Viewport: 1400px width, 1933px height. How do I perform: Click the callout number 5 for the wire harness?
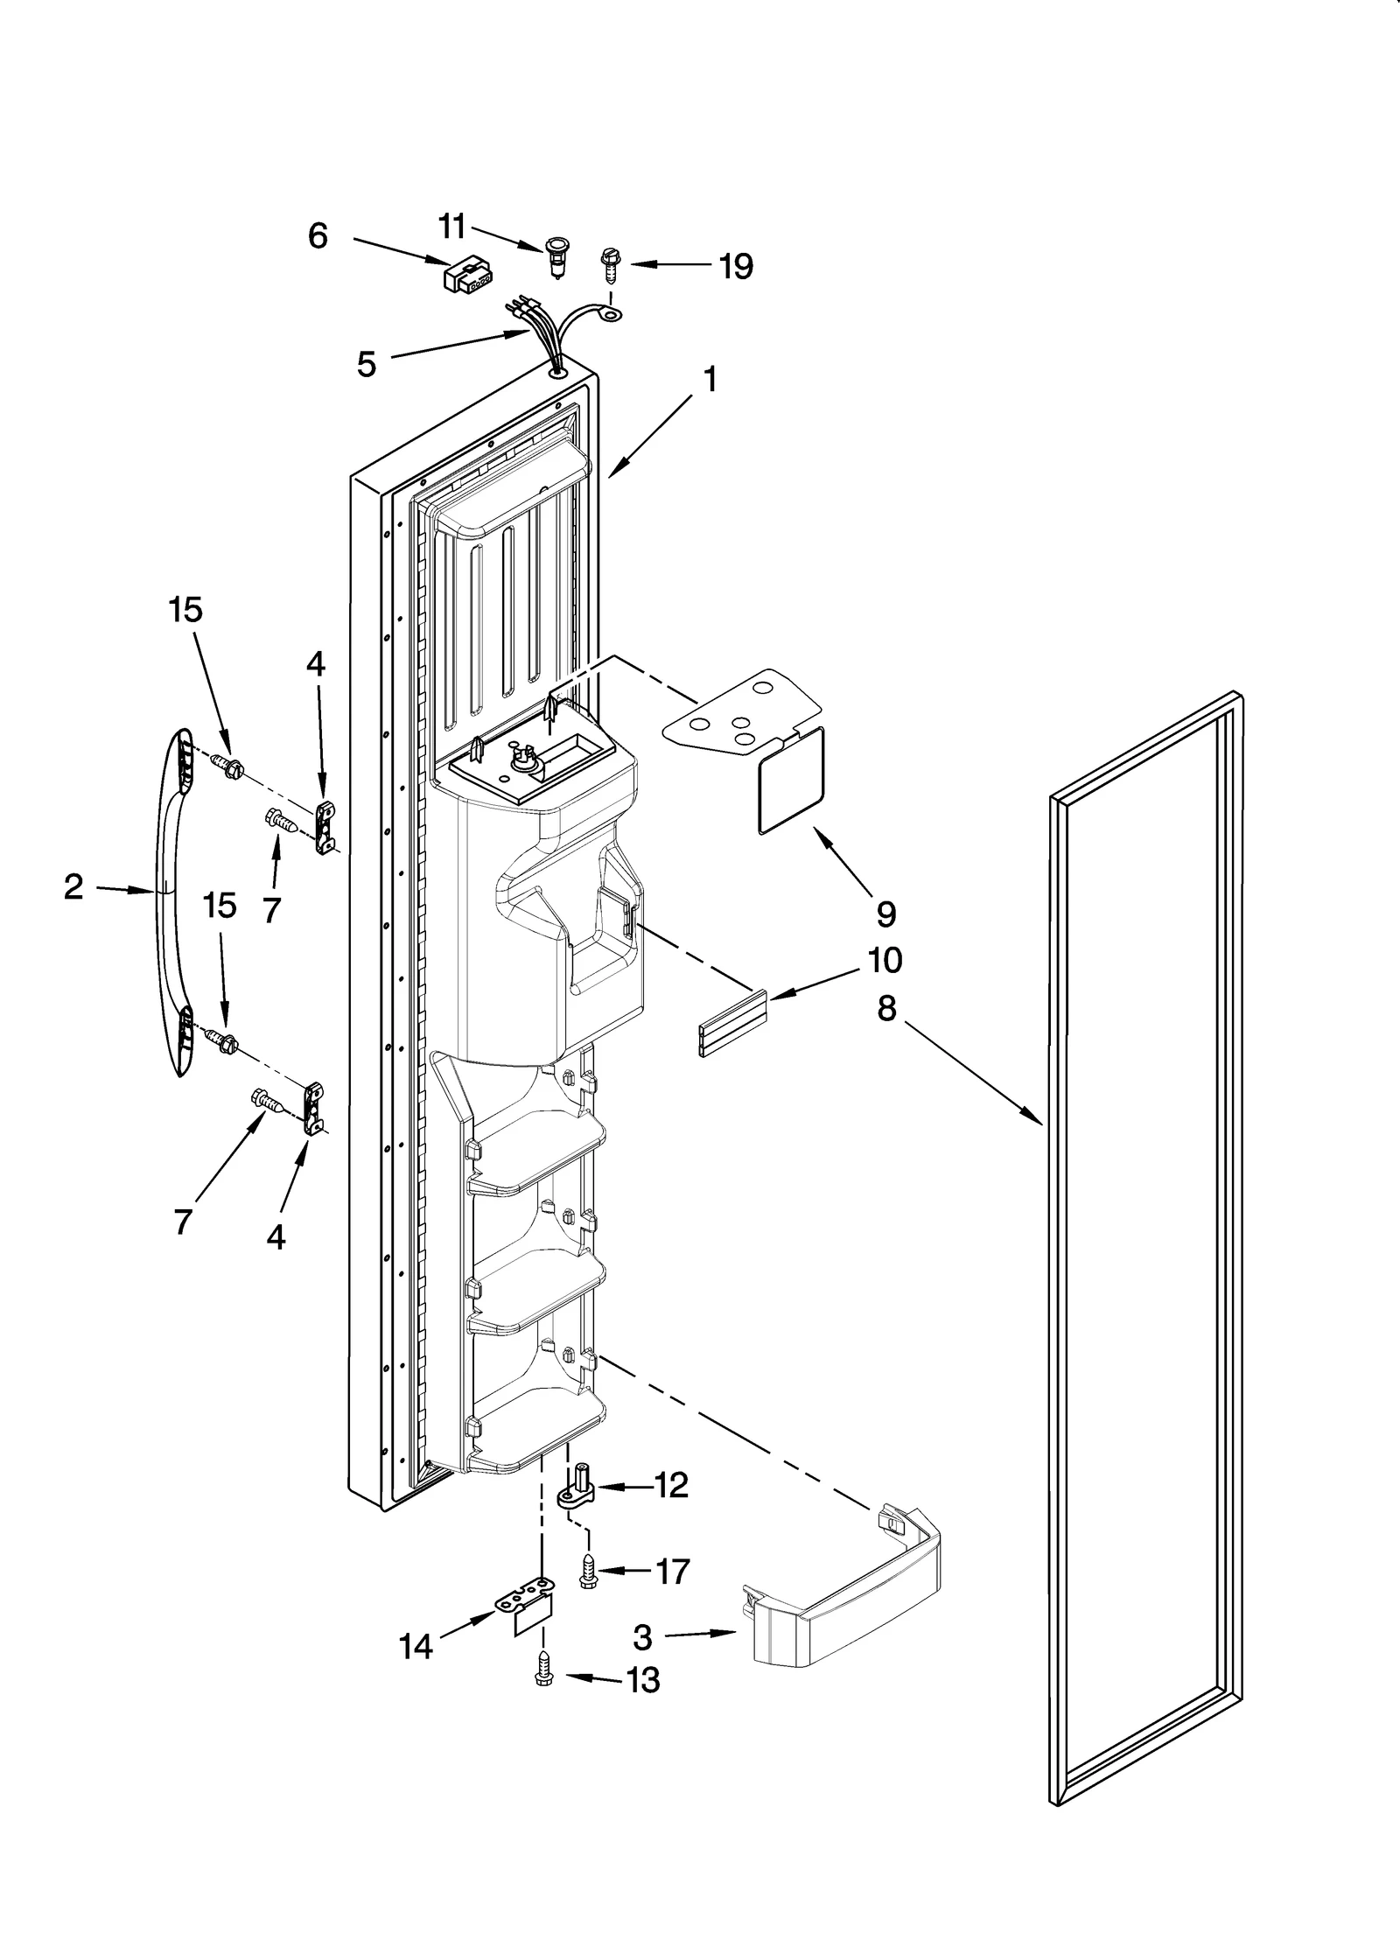point(367,363)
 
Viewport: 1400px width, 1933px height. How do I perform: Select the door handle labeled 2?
point(171,903)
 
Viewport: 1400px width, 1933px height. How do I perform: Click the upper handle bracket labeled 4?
point(325,826)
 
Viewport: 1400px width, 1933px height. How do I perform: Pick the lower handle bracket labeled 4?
point(313,1110)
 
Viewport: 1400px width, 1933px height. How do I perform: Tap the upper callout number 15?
point(185,610)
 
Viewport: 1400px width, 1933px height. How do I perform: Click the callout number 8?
point(886,1009)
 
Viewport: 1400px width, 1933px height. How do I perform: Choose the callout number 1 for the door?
point(710,380)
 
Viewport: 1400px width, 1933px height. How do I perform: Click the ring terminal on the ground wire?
point(612,312)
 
